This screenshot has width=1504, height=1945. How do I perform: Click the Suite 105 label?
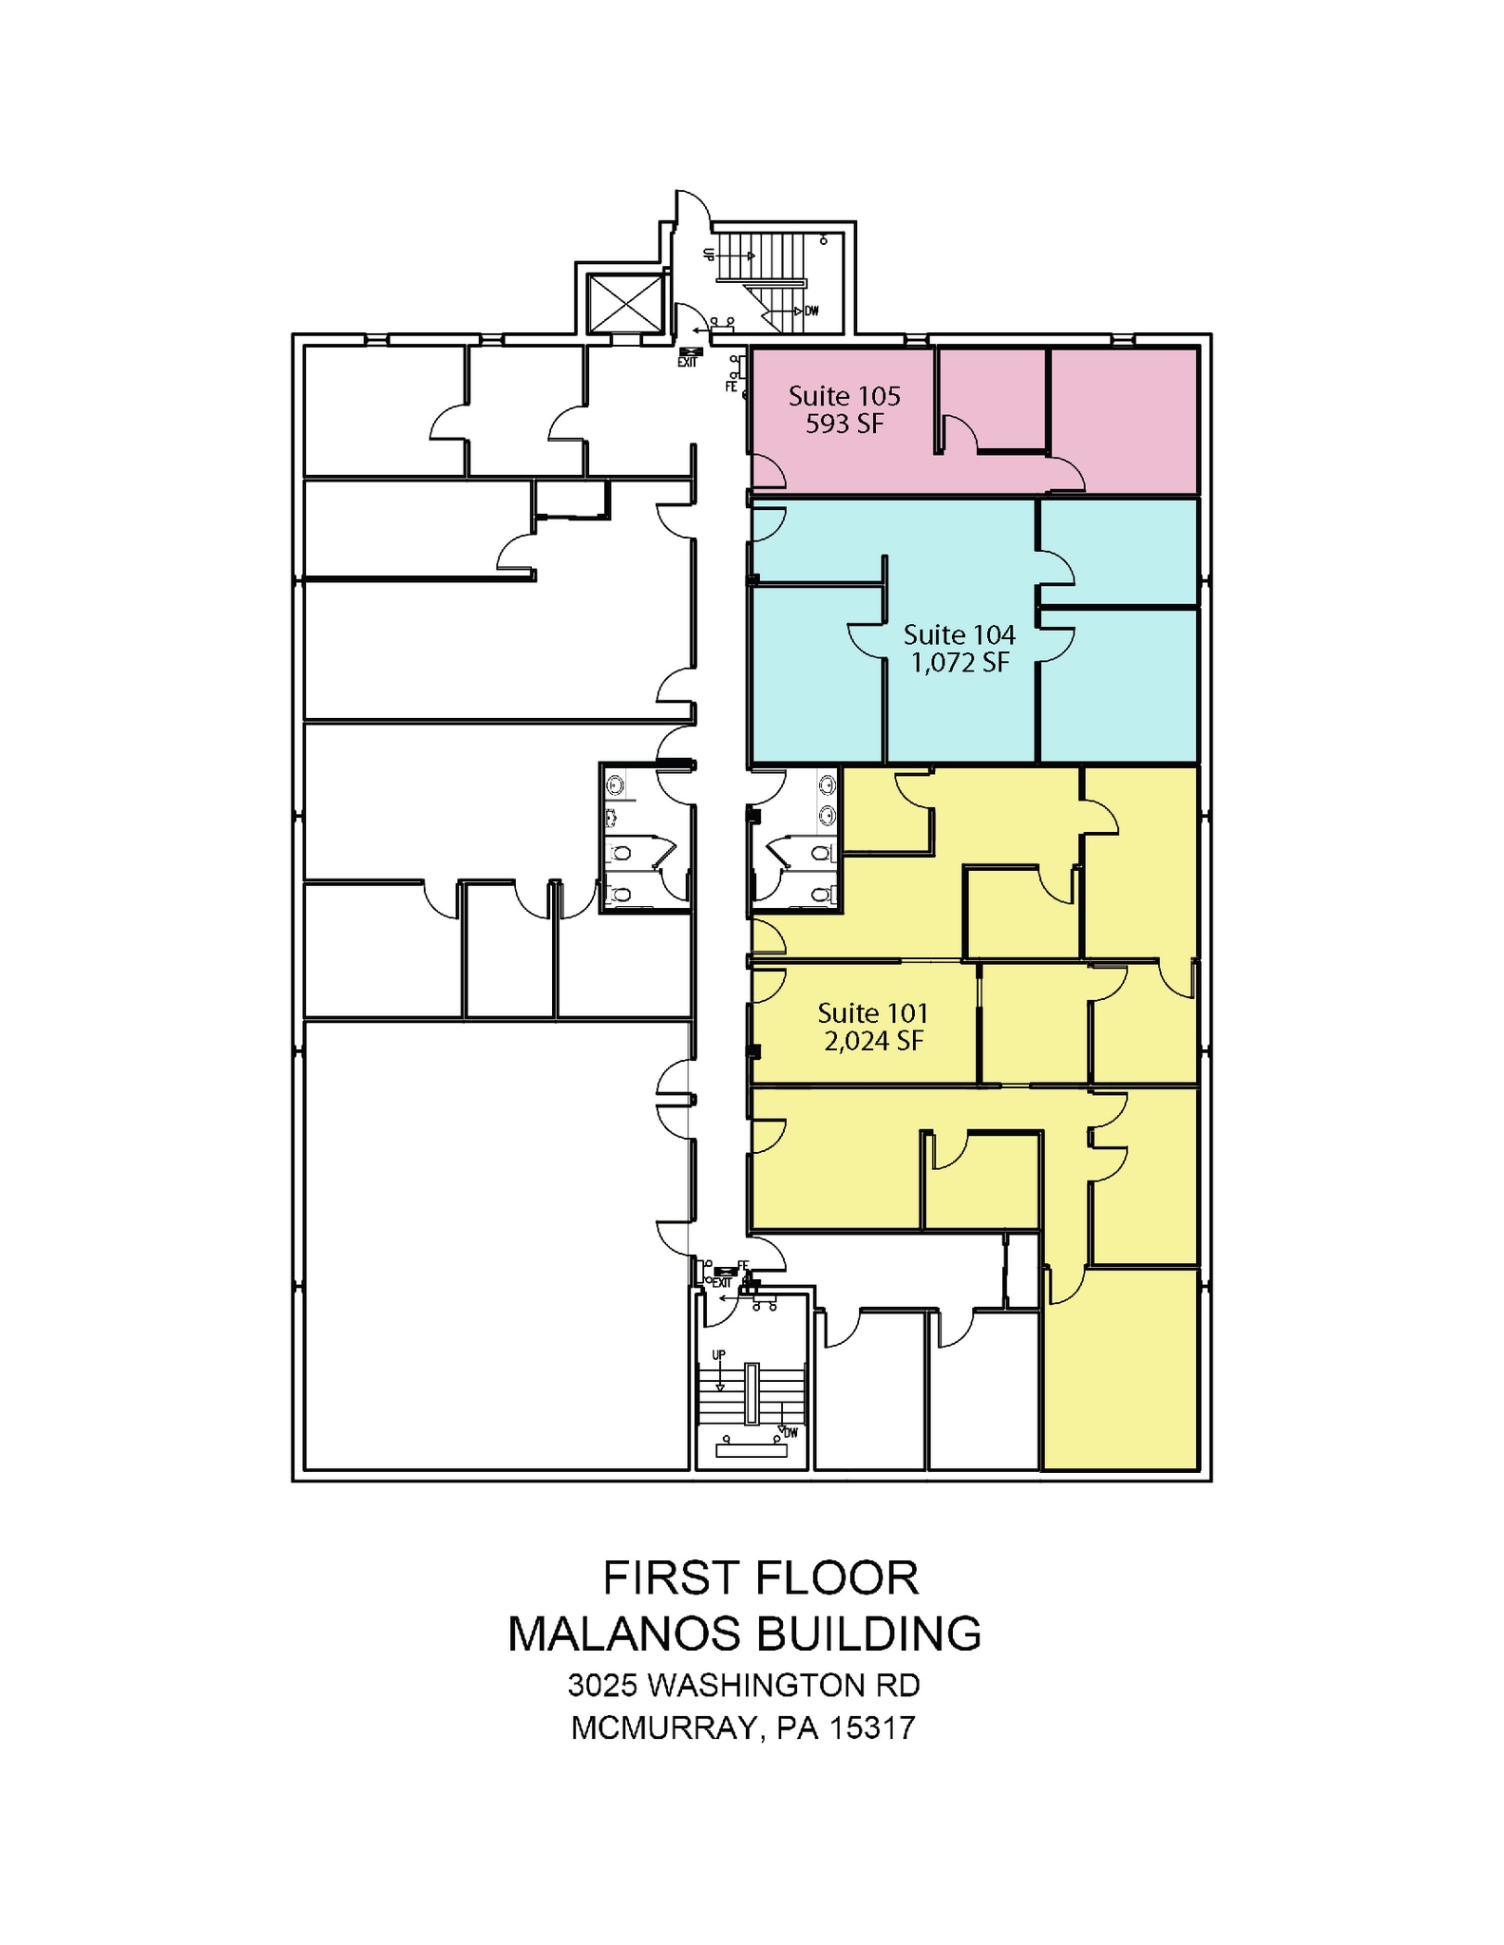[x=844, y=396]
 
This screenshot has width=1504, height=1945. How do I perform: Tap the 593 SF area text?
[x=844, y=425]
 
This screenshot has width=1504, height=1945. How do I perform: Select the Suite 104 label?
[x=959, y=634]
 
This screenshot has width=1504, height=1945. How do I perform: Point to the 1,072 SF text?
[x=959, y=663]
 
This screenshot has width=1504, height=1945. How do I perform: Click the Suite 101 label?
[x=872, y=1013]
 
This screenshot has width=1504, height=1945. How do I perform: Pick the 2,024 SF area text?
[x=872, y=1042]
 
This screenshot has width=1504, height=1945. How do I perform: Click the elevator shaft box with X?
[x=624, y=304]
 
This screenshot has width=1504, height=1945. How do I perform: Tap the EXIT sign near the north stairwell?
[x=687, y=362]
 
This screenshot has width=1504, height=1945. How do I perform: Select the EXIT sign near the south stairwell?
[x=722, y=1283]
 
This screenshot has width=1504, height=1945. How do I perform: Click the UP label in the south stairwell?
[x=719, y=1355]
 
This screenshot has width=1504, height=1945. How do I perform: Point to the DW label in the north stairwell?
[x=811, y=312]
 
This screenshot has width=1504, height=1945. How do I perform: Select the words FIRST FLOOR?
[x=760, y=1578]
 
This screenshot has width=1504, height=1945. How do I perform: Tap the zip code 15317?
[x=871, y=1728]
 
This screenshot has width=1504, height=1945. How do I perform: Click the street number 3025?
[x=603, y=1686]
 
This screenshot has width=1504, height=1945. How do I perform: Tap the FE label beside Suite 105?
[x=731, y=387]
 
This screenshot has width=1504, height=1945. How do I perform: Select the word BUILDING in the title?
[x=867, y=1634]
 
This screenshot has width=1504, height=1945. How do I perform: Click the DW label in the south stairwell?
[x=790, y=1433]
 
